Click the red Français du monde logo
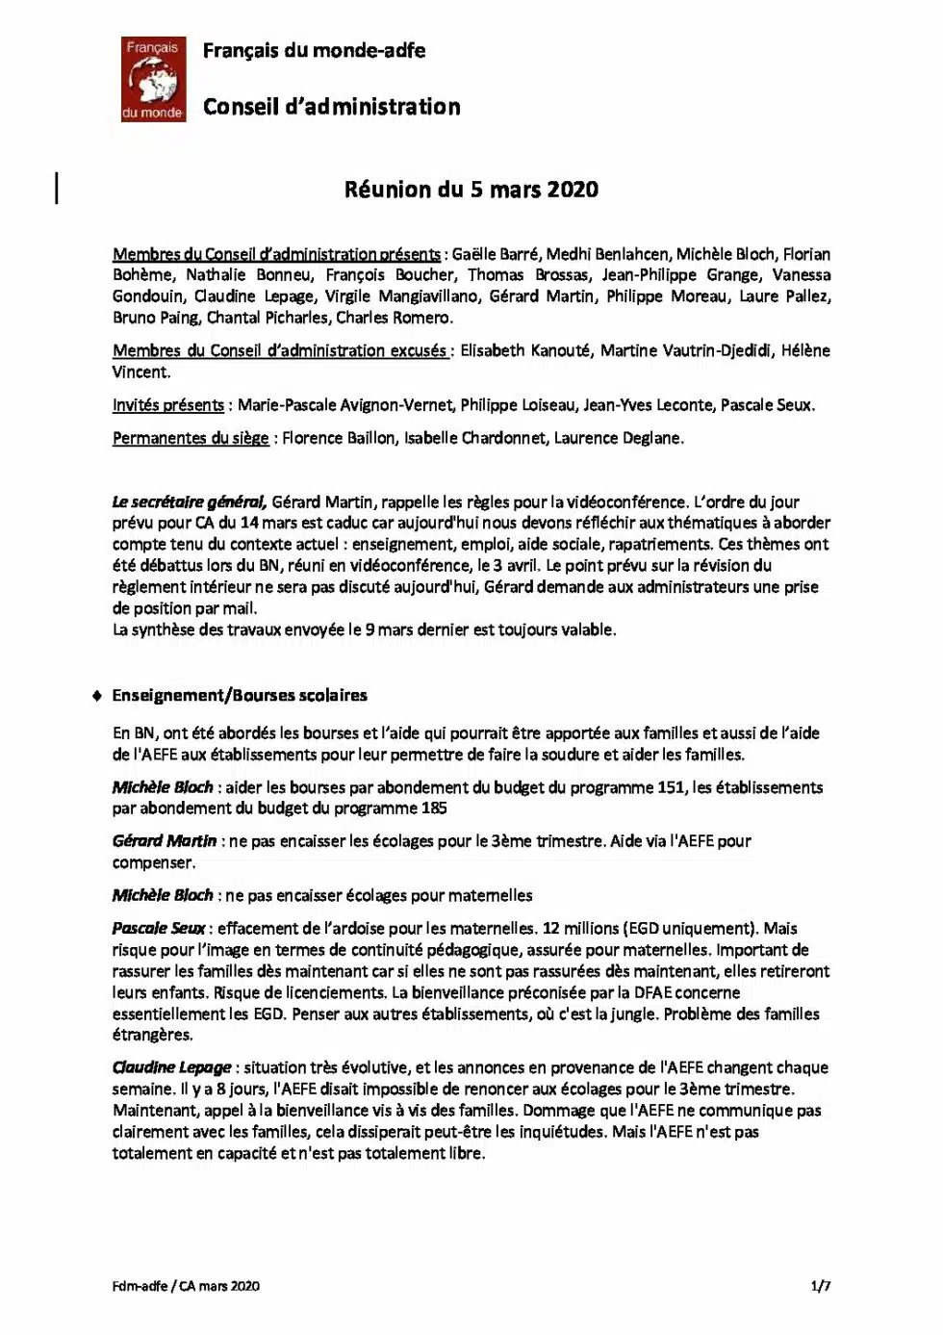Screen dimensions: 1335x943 152,79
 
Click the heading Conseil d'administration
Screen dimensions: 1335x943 331,107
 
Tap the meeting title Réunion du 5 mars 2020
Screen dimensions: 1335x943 471,189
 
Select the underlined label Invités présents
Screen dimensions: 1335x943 168,405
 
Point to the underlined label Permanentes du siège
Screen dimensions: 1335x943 191,438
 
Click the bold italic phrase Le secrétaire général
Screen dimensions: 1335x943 189,501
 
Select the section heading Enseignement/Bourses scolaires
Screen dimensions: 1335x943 240,695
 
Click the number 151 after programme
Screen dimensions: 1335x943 671,787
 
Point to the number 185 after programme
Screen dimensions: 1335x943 434,809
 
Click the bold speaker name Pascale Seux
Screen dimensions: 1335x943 159,929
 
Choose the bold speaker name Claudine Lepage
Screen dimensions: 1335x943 171,1067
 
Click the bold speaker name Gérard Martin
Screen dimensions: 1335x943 165,841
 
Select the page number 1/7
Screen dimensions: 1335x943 820,1286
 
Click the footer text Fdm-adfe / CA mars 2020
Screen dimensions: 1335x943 186,1286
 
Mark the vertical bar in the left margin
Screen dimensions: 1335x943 56,188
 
